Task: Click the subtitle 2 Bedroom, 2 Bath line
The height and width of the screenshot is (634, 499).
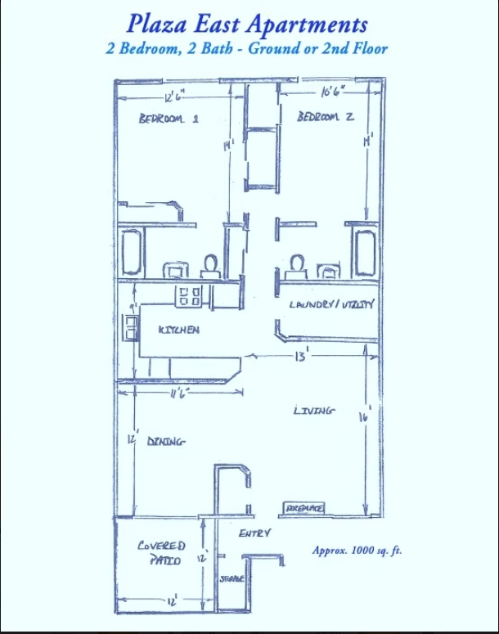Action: click(247, 47)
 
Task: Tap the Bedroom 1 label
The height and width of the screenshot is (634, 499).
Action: click(169, 118)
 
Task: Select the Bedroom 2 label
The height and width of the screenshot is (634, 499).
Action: click(326, 117)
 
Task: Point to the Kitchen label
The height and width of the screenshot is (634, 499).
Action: click(179, 330)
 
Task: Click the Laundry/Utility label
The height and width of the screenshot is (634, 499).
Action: click(331, 304)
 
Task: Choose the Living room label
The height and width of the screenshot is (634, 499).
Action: click(313, 411)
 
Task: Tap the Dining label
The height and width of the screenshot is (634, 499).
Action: click(166, 441)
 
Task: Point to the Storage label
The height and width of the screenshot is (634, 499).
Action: click(232, 578)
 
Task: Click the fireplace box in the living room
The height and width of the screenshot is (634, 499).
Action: click(304, 509)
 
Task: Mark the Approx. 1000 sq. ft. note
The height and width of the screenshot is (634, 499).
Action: click(357, 551)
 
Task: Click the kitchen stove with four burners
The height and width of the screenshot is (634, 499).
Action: click(190, 295)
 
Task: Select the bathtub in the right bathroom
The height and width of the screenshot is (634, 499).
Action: click(364, 252)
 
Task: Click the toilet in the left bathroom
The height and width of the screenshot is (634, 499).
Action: click(210, 265)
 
